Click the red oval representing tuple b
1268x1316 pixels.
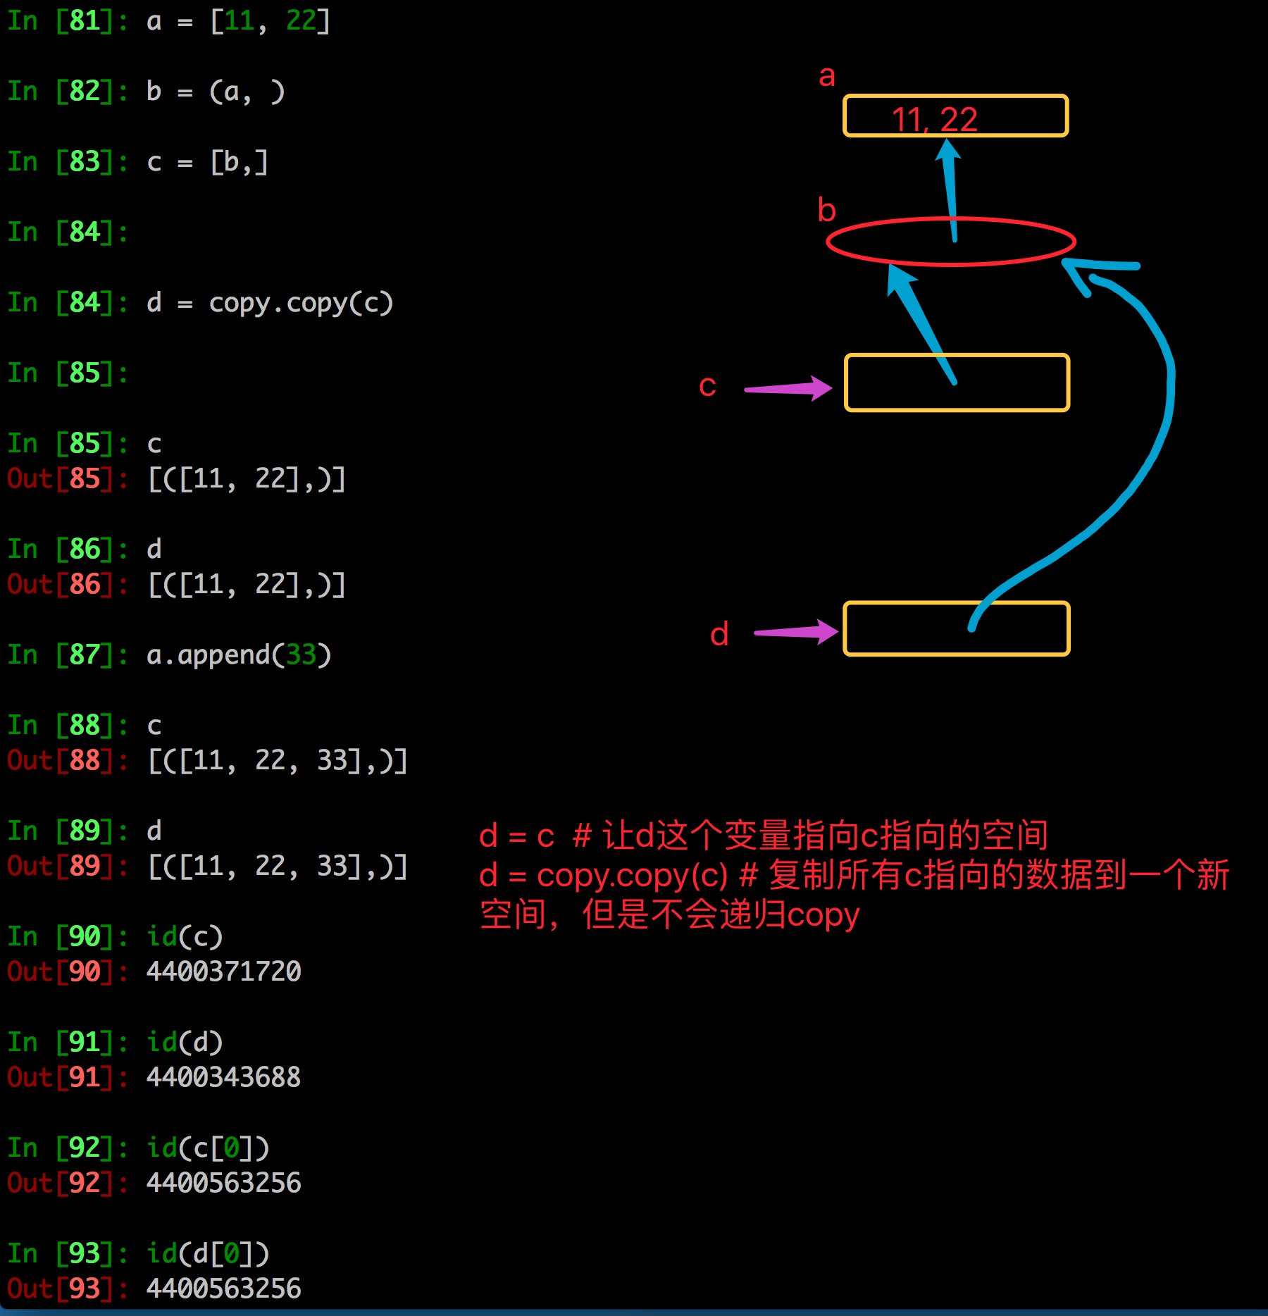(950, 242)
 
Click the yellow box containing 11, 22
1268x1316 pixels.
(955, 116)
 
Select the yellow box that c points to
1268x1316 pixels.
(957, 383)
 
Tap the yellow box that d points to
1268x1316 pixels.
(956, 628)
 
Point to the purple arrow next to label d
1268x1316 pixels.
(796, 632)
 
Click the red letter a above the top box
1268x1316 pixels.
(827, 76)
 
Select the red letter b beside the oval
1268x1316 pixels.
(827, 211)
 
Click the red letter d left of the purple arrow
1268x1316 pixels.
(719, 634)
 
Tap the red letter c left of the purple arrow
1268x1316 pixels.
(707, 386)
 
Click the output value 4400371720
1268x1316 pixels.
(223, 972)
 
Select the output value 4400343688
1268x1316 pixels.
(223, 1077)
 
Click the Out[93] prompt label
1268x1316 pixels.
(60, 1289)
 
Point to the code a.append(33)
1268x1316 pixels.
(239, 655)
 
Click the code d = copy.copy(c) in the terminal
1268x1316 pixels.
(269, 303)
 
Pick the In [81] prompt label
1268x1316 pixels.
(60, 21)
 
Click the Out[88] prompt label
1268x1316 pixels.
(60, 761)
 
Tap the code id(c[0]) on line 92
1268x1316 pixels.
(208, 1148)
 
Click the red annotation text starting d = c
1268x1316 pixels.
(764, 836)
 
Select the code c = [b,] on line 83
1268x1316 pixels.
(207, 162)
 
